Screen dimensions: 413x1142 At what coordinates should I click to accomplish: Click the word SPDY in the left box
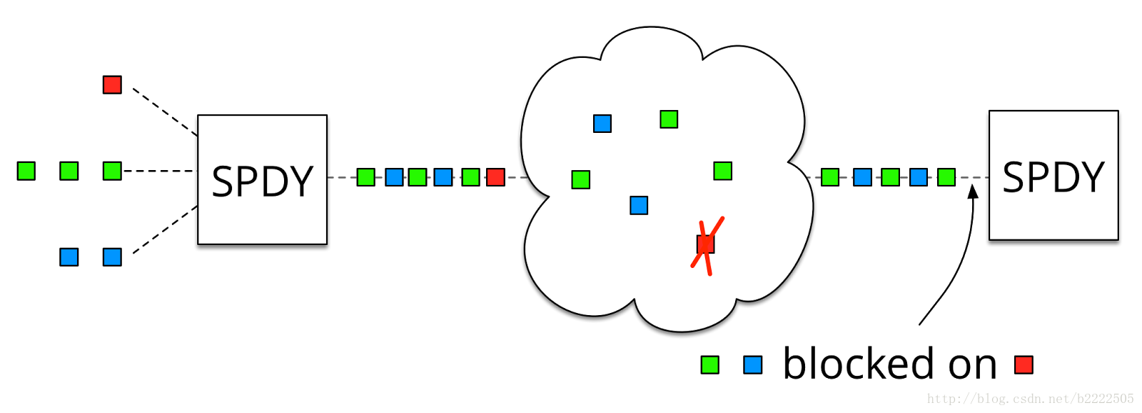pos(263,181)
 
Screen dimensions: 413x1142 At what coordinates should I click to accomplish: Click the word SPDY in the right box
pos(1053,177)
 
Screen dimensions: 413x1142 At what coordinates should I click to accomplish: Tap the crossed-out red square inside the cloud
pos(705,244)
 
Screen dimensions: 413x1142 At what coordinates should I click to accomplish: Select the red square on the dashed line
pos(495,177)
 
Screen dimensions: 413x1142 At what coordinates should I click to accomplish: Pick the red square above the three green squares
pos(112,85)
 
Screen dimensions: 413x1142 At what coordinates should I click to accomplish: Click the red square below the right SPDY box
pos(1024,365)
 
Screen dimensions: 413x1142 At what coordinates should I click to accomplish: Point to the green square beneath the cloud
pos(709,365)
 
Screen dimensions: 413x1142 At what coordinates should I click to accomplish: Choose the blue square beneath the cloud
pos(752,365)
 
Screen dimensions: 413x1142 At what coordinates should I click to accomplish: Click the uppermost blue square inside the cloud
pos(602,124)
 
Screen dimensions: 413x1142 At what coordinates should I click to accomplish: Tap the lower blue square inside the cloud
pos(639,206)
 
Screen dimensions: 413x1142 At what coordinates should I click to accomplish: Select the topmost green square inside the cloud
pos(669,119)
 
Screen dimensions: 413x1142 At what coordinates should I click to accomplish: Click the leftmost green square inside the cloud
pos(581,179)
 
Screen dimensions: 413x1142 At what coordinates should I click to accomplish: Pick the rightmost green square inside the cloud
pos(722,171)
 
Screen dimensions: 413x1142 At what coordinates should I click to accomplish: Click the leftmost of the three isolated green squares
pos(26,171)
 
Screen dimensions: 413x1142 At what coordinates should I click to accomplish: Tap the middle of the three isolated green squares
pos(69,171)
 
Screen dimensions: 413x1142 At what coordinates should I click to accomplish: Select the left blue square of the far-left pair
pos(69,257)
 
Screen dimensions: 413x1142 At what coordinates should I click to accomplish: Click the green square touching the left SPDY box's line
pos(365,177)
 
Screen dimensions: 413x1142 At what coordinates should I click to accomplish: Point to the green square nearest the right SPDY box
pos(946,177)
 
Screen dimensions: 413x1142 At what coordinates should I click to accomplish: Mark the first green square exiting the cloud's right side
pos(830,177)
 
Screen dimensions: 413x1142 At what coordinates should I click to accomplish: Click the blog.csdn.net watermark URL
pos(1030,399)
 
